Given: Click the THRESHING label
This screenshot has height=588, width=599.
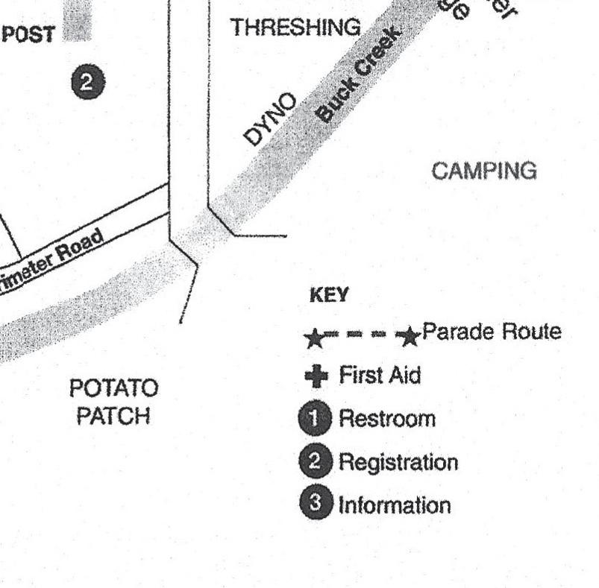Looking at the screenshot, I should pos(295,28).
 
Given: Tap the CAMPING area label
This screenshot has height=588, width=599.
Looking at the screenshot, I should pos(483,171).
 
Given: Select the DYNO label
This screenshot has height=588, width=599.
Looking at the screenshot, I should pos(270,119).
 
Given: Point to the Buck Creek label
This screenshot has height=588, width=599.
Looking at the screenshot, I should pos(357,74).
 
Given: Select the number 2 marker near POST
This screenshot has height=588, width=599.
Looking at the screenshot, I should pos(87,83).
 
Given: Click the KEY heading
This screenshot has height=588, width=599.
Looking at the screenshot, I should pos(328,296).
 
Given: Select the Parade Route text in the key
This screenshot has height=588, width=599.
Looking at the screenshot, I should pos(491,332).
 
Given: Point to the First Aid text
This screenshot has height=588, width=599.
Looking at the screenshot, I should pos(379,375).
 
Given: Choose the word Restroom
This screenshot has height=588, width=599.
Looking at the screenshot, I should pos(386,419).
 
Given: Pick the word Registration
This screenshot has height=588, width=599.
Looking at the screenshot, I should pos(398,462).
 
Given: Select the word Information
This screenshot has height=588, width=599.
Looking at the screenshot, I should pos(395,505).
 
